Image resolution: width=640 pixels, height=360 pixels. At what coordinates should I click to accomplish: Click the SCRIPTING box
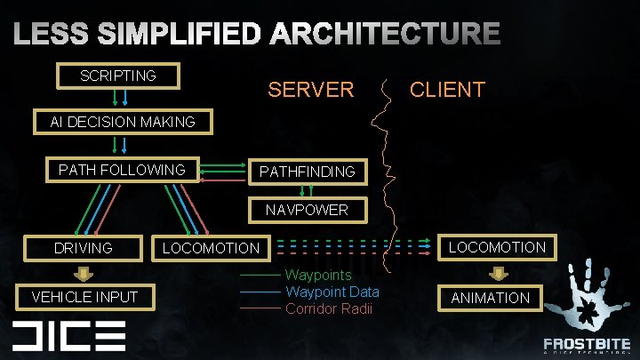pos(118,76)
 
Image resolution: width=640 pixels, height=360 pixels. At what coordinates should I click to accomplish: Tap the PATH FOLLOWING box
pos(122,169)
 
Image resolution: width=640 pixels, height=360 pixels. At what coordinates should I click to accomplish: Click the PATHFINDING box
pos(307,171)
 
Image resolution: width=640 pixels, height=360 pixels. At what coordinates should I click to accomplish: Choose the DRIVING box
pos(84,248)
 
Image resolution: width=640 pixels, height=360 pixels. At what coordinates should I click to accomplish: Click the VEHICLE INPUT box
pos(85,297)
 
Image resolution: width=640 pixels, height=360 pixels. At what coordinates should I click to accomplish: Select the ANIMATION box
pos(491,298)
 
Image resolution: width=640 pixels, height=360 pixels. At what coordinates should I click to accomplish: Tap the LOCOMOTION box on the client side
pos(497,247)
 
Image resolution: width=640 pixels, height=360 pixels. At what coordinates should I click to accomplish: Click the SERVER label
pos(311,90)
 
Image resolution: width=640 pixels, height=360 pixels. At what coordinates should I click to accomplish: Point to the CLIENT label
pos(447,89)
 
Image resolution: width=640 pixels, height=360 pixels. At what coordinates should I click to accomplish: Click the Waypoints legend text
pos(318,276)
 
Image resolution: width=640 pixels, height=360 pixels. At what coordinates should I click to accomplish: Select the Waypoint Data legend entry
pos(332,292)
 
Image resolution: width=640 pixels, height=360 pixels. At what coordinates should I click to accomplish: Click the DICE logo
pos(68,335)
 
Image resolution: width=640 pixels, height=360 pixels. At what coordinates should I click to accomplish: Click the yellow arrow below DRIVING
pos(83,272)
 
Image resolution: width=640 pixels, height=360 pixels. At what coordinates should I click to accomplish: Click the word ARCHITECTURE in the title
pos(385,35)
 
